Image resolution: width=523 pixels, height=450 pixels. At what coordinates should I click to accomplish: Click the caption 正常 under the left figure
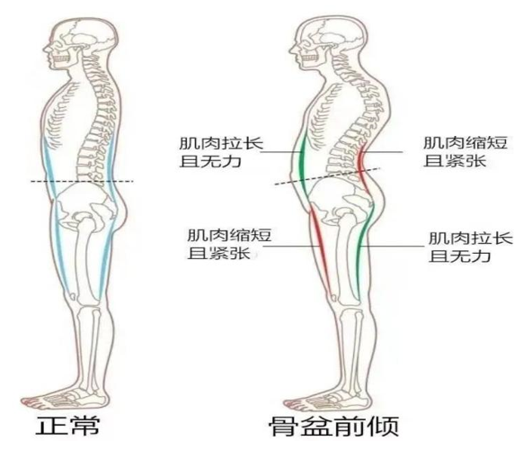tap(67, 426)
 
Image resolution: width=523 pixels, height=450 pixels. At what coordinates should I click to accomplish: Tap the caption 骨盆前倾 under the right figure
tap(334, 426)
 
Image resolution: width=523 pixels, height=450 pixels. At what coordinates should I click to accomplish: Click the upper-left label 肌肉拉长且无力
tap(221, 153)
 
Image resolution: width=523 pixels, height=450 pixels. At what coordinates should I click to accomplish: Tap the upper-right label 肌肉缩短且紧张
tap(465, 151)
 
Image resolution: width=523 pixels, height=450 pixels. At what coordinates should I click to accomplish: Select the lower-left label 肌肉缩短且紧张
tap(229, 244)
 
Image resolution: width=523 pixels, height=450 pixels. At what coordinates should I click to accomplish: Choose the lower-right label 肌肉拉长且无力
tap(470, 247)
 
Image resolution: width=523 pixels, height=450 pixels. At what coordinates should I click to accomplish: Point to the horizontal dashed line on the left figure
tap(82, 182)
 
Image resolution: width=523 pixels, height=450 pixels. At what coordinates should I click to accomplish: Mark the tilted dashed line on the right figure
tap(327, 175)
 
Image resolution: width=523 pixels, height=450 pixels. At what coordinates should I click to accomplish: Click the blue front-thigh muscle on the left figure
tap(63, 249)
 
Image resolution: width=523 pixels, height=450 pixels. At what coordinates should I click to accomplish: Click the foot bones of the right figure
tap(329, 399)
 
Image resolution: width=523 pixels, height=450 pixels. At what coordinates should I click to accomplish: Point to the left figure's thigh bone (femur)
tap(84, 261)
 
